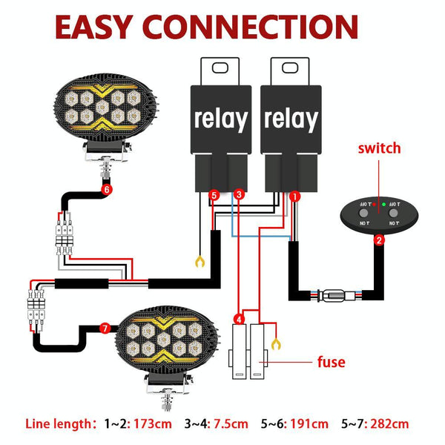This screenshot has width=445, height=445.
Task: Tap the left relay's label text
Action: pos(220,119)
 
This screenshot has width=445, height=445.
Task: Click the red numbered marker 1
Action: pos(294,197)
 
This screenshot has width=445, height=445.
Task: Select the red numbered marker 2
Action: pos(379,240)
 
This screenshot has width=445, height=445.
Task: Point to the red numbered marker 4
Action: pos(239,320)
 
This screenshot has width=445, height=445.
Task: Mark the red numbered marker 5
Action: pos(214,195)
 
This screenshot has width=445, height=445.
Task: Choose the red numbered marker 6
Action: pos(106,190)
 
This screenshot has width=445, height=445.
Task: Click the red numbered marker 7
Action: pos(105,328)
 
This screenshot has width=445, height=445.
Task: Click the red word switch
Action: pos(379,148)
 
